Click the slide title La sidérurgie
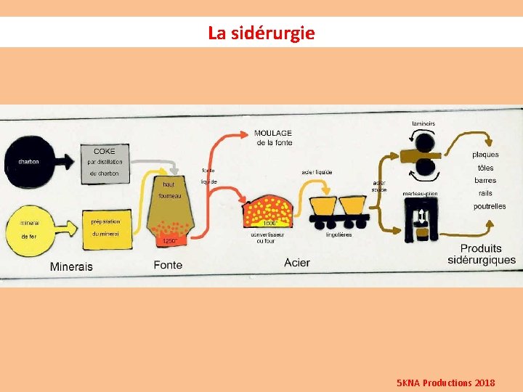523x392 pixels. point(261,33)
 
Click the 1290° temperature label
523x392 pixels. point(169,240)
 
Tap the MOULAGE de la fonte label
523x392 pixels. point(273,138)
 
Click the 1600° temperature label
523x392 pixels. point(269,224)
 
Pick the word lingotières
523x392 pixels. point(338,234)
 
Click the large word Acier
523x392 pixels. point(298,262)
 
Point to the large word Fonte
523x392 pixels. point(168,265)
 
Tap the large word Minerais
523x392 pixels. point(71,266)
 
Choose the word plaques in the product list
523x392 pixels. point(485,155)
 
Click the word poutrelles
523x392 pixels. point(489,206)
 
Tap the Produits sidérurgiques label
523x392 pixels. point(482,254)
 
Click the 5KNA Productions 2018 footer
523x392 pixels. point(446,382)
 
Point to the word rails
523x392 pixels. point(485,193)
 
